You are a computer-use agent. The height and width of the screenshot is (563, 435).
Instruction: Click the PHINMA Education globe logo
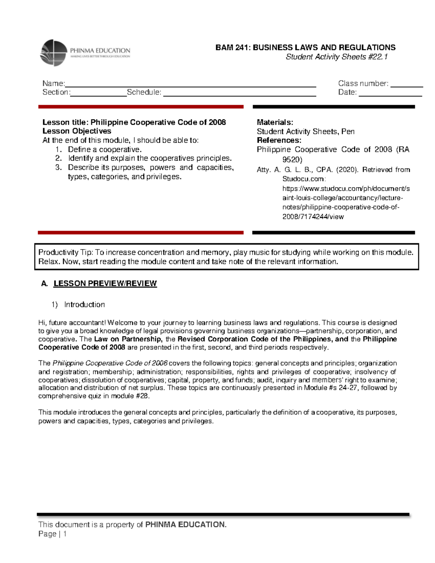point(54,53)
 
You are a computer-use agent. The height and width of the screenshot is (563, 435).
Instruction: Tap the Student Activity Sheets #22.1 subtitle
point(337,57)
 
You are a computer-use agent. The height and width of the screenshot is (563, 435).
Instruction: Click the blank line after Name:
point(190,86)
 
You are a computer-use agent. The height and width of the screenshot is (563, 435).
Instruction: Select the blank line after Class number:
point(406,86)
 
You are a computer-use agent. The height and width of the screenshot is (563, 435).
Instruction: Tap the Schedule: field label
point(144,92)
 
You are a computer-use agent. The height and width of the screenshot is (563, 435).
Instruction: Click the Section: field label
point(56,92)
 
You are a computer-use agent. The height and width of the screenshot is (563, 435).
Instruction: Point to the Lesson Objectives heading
point(77,131)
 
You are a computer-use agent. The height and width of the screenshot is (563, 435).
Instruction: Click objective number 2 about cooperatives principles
point(149,158)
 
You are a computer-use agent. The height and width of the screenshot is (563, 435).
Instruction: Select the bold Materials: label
point(275,122)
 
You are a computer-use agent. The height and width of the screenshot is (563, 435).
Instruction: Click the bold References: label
point(279,140)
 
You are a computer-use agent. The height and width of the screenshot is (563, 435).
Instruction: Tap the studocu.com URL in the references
point(345,202)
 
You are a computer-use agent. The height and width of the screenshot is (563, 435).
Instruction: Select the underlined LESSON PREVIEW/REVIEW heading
point(105,283)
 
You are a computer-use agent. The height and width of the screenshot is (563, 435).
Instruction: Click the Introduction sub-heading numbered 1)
point(84,305)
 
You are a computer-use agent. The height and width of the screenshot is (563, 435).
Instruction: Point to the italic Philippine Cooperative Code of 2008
point(110,363)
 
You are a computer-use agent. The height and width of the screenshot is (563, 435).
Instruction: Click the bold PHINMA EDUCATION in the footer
point(186,525)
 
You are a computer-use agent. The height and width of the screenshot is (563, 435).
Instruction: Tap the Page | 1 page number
point(53,534)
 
